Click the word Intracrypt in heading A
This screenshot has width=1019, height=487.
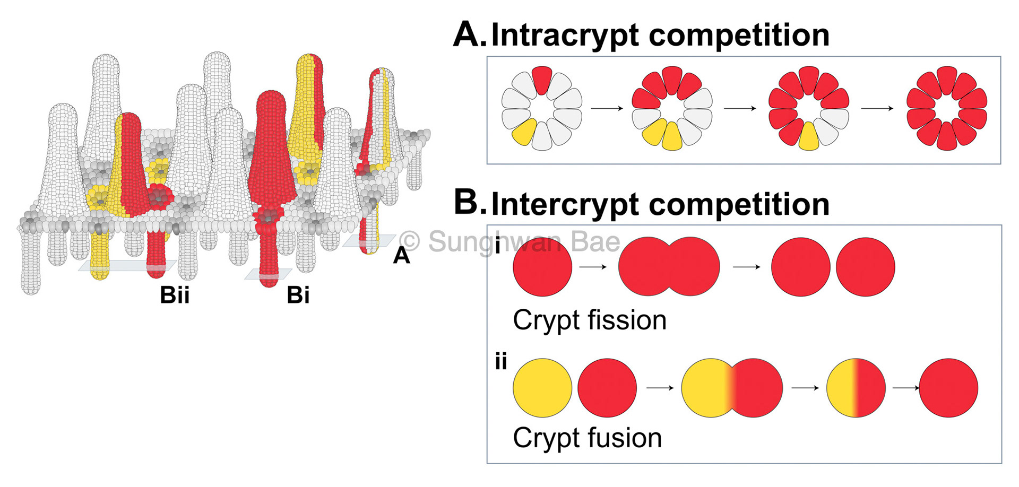(x=566, y=36)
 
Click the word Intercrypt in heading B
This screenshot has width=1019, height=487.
(x=566, y=205)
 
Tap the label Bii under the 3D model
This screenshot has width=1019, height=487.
(x=175, y=295)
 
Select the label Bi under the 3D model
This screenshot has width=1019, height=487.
(x=298, y=295)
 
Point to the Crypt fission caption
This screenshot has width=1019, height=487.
(x=589, y=320)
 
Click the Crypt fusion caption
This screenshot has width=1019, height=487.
(x=587, y=438)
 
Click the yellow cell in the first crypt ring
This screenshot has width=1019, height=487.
(x=524, y=132)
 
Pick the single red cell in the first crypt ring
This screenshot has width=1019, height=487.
(x=542, y=80)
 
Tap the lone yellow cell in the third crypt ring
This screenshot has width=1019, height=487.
(x=808, y=136)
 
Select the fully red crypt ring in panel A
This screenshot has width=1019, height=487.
(x=946, y=108)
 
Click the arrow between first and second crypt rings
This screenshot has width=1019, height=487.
(x=607, y=108)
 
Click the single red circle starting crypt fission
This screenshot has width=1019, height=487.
(x=542, y=266)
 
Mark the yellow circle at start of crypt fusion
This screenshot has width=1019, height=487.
(x=542, y=388)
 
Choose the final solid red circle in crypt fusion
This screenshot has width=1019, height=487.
(x=948, y=388)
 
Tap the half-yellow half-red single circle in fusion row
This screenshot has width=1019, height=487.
(x=856, y=388)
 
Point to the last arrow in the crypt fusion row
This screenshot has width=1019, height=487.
(x=905, y=388)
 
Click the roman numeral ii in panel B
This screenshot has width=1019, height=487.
(x=500, y=362)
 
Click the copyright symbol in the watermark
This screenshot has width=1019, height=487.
(x=410, y=242)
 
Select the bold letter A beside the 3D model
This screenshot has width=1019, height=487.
(x=401, y=256)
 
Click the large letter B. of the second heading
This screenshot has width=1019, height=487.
(x=469, y=204)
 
